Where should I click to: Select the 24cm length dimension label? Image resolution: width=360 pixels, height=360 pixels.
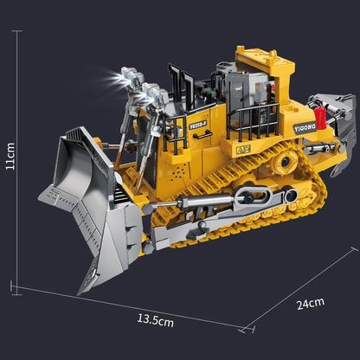click(309, 302)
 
